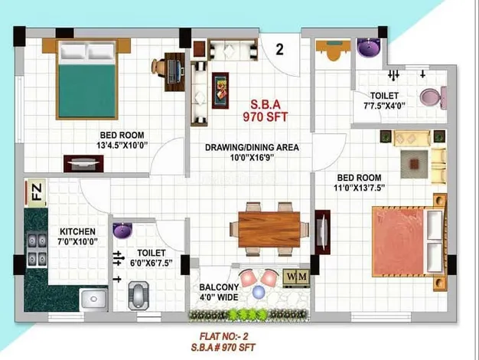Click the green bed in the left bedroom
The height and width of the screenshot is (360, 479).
86,80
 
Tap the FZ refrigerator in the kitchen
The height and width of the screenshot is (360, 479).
36,193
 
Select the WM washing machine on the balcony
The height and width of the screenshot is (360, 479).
296,278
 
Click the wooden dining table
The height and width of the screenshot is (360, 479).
269,229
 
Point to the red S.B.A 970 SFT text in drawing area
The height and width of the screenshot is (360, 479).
266,111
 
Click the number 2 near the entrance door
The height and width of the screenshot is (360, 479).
279,50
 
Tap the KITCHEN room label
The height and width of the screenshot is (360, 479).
77,231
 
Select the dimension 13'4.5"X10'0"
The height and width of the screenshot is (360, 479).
122,146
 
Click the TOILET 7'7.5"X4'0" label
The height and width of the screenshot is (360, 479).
384,100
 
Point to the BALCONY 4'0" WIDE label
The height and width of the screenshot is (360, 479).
219,292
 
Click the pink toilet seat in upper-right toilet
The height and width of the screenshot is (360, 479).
433,97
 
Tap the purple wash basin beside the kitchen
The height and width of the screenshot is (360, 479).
122,231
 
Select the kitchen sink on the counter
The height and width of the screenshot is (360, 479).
93,299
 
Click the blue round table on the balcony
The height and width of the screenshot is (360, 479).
259,292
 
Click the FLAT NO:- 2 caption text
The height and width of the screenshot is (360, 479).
224,336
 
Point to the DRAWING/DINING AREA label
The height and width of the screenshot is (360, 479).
252,147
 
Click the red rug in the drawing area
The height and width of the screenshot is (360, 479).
220,90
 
